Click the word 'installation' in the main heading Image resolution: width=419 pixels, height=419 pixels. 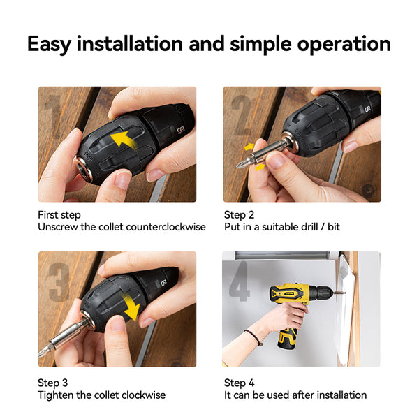(x=130, y=43)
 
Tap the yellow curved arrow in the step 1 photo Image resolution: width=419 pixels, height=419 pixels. (x=124, y=139)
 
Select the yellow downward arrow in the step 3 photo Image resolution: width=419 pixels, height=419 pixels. (x=131, y=307)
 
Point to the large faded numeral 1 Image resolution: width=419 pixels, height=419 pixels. (x=54, y=117)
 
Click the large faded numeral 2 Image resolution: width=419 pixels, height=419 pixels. (x=242, y=115)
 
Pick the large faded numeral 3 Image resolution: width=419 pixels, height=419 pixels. (x=59, y=282)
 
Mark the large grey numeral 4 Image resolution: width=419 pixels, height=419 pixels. (x=239, y=281)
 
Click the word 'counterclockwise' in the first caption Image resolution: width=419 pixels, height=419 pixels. (x=166, y=227)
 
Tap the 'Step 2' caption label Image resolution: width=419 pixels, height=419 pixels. (x=239, y=215)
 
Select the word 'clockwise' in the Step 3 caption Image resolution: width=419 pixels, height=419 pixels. (x=144, y=395)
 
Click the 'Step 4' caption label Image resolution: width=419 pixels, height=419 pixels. (x=239, y=383)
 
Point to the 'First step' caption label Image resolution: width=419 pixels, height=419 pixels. (x=59, y=215)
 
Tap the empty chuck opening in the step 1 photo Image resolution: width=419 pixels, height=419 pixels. (x=83, y=170)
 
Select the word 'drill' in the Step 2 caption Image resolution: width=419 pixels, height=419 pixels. (x=309, y=227)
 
